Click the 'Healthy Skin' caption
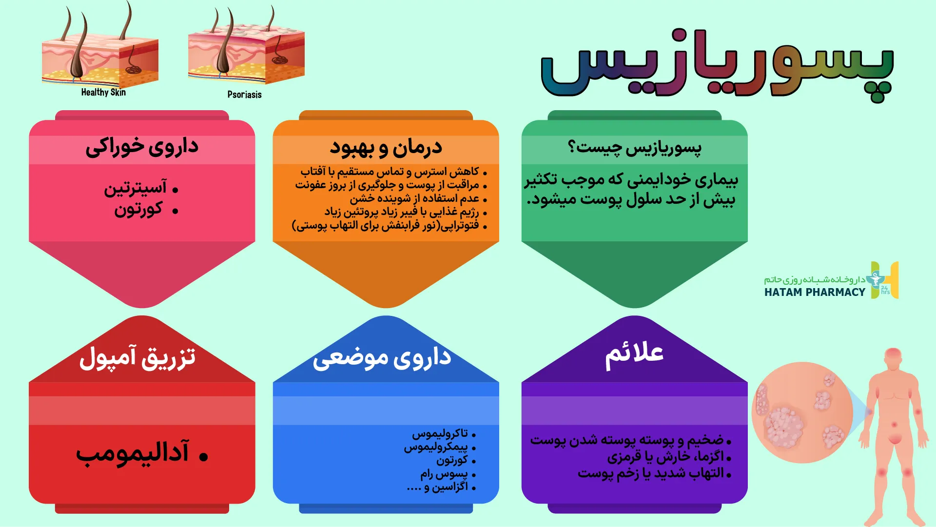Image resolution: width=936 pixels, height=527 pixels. pos(103,92)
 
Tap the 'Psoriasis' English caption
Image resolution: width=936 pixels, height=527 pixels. pos(244,95)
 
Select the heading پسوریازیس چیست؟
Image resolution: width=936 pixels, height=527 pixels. pos(634,147)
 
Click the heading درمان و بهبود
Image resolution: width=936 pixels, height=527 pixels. pos(386,147)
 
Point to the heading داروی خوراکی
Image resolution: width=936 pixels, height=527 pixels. pos(142,147)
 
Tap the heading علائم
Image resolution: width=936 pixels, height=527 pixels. pos(634,353)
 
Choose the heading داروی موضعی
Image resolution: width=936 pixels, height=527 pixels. pos(382,358)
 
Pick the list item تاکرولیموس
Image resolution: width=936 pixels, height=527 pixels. pos(440,433)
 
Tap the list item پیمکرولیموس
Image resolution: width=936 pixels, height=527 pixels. pos(436,447)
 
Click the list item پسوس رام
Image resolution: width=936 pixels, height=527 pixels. pos(444,473)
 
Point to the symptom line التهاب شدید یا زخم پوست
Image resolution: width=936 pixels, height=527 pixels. pos(651,473)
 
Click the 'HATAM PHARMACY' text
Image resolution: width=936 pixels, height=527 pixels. pos(815,292)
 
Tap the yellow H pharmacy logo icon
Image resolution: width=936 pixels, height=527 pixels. pos(885,280)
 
